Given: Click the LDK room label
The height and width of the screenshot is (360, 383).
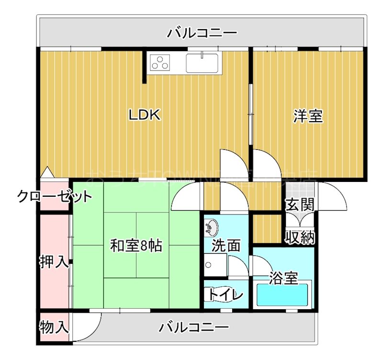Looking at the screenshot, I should coord(144,115).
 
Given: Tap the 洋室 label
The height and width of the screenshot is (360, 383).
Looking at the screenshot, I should coord(308,116).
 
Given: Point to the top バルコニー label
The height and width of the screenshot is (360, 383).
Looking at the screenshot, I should coord(202,33).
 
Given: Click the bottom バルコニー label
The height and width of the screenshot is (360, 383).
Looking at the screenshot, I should coord(194,328).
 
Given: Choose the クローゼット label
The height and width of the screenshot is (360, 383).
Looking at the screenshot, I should coord(54,196).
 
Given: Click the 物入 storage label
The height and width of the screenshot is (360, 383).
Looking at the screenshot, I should coord(54,328).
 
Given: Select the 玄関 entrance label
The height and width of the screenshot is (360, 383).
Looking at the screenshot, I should coord(300,205).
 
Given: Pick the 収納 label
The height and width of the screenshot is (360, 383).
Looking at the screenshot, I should coord(300,236).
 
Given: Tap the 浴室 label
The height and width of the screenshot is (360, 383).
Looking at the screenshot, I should coord(283,278).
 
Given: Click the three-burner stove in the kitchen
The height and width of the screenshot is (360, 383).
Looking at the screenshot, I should coord(160,62).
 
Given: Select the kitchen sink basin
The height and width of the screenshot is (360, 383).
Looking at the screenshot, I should coord(203,63).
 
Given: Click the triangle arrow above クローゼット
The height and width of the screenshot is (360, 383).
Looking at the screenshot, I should coord(47,171).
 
